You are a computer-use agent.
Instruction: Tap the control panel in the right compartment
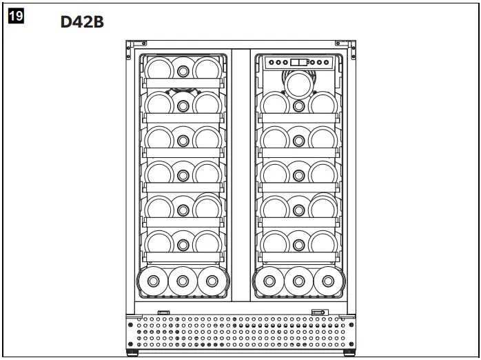[x=299, y=63]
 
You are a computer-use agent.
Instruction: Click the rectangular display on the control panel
[x=299, y=62]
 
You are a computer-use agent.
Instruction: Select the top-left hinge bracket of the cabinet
[x=132, y=46]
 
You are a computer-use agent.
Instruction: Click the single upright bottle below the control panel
[x=298, y=85]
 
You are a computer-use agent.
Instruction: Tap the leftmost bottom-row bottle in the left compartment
[x=152, y=281]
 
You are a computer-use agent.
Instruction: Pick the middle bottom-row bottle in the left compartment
[x=183, y=281]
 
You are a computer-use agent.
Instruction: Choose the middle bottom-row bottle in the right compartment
[x=298, y=281]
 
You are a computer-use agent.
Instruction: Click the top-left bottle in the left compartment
[x=158, y=68]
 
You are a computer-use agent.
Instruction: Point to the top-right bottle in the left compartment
[x=206, y=68]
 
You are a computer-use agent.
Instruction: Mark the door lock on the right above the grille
[x=318, y=312]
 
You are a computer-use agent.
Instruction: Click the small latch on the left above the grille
[x=164, y=312]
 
